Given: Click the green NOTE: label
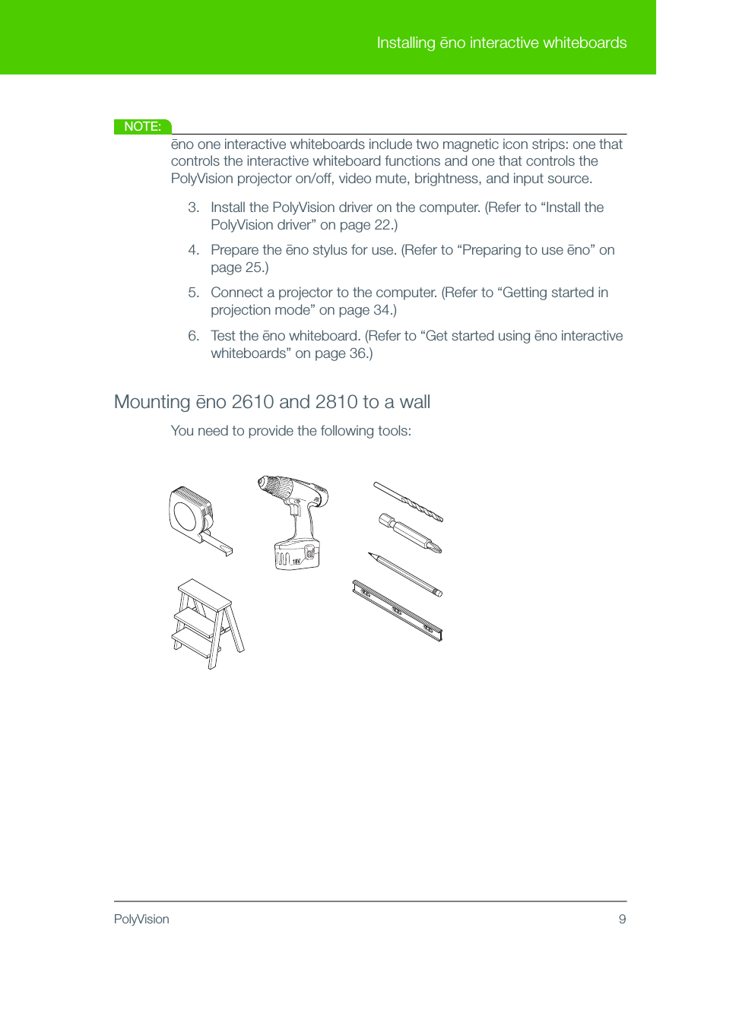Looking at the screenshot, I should coord(142,126).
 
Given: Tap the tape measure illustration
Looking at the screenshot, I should coord(194,519).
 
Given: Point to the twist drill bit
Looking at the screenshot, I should coord(408,502).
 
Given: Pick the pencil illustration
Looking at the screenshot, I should coord(405,575).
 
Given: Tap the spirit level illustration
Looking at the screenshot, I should coord(397,610).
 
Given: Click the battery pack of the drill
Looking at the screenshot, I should coord(296,555).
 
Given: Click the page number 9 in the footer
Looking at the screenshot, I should coord(622,919).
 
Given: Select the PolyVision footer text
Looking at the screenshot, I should coord(141,919).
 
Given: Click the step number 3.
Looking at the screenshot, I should coord(193,207).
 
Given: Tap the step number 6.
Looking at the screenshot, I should coord(193,336).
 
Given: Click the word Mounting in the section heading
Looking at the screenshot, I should coord(152,402).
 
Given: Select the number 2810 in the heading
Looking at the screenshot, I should coord(336,402).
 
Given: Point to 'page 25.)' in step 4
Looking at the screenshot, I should coord(239,268).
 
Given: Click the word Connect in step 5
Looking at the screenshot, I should coord(236,293).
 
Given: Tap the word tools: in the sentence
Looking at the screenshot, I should coord(394,431).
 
